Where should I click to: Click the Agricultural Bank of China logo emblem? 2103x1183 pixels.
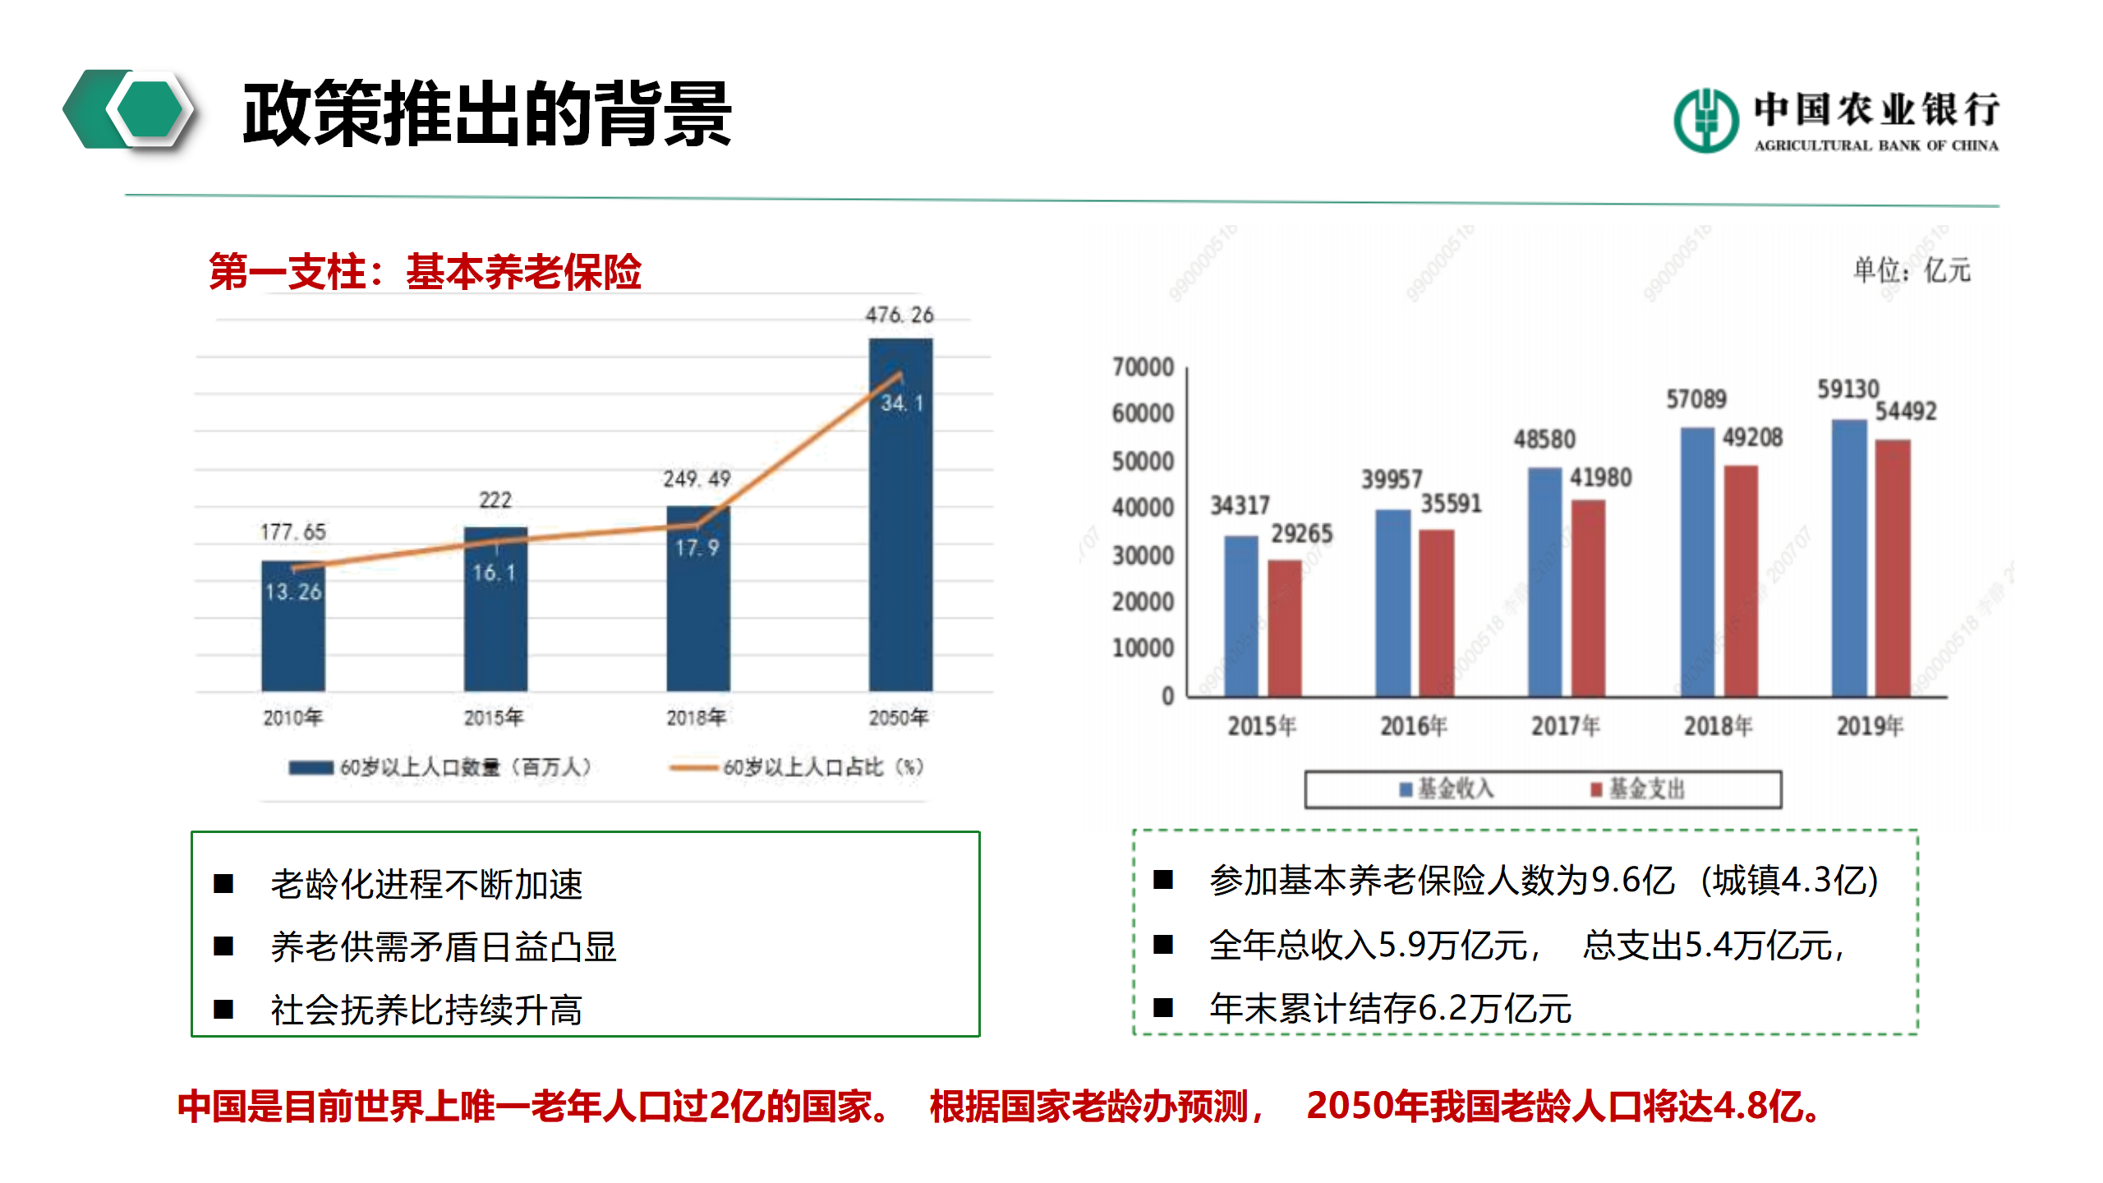tap(1705, 121)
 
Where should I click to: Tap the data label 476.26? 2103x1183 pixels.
tap(899, 315)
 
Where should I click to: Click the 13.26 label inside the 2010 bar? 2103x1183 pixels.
tap(292, 591)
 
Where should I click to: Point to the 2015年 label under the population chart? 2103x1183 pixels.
tap(493, 717)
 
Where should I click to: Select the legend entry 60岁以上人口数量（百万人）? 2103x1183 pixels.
tap(440, 767)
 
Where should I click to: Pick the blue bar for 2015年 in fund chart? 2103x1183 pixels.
tap(1240, 616)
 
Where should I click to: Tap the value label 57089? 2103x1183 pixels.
tap(1696, 399)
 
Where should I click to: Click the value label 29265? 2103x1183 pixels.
tap(1301, 534)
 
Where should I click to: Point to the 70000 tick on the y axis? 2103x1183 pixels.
tap(1143, 366)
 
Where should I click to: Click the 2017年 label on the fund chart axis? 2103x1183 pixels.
tap(1565, 725)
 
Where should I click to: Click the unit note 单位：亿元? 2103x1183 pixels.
tap(1911, 269)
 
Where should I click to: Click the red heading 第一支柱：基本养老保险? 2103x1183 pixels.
tap(425, 272)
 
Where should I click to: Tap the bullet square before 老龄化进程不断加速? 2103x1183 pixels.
tap(223, 884)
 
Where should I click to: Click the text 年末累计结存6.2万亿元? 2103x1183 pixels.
tap(1390, 1008)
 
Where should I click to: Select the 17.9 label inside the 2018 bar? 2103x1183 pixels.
tap(697, 548)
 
